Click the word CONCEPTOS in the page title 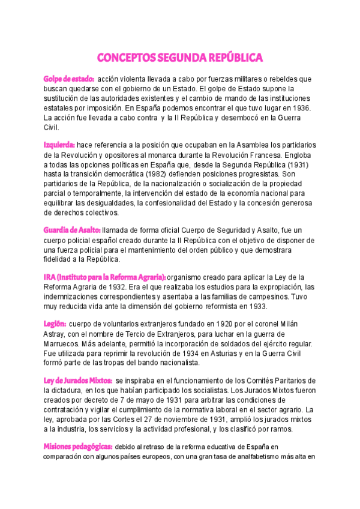(x=125, y=58)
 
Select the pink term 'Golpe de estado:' (x=68, y=79)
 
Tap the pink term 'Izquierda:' (x=59, y=145)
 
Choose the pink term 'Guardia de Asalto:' (x=71, y=230)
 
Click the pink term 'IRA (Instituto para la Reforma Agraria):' (x=104, y=277)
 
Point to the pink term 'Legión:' (x=54, y=324)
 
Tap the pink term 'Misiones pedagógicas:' (x=77, y=447)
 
